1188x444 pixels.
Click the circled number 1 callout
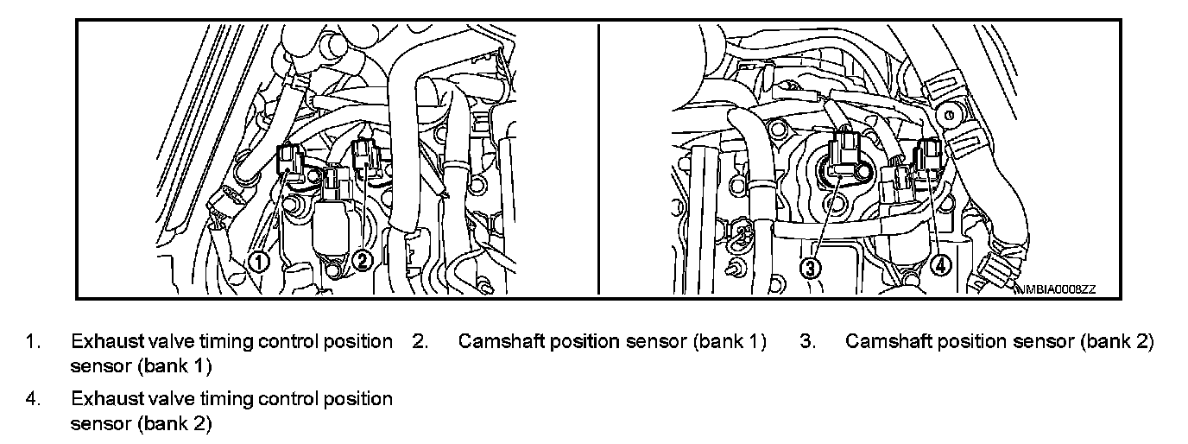[x=259, y=260]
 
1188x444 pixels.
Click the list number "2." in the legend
[x=420, y=341]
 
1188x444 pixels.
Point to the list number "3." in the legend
[x=807, y=341]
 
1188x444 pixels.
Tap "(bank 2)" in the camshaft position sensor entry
[x=1116, y=341]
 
